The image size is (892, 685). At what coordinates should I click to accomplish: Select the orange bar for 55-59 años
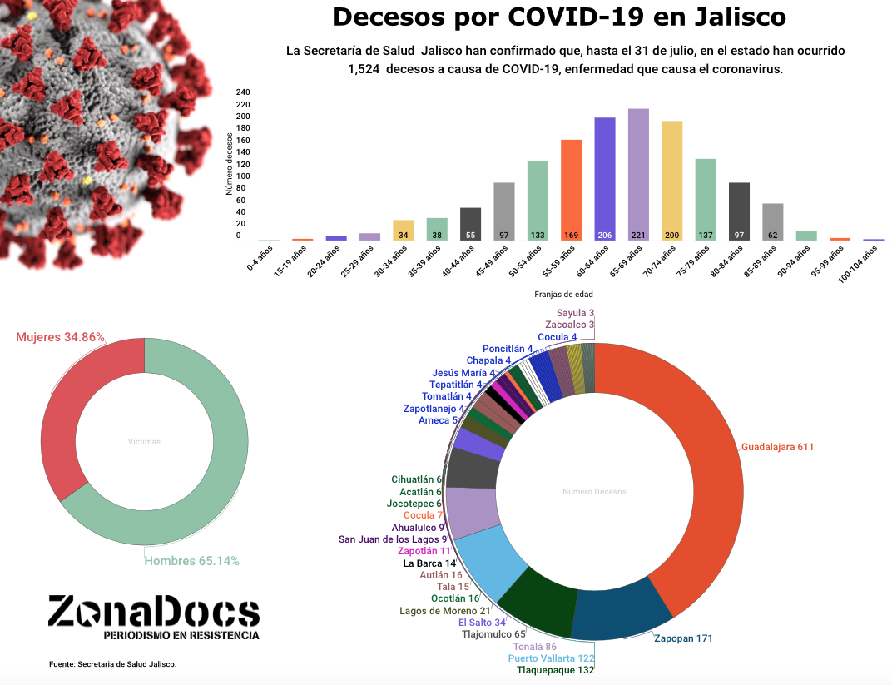click(x=571, y=187)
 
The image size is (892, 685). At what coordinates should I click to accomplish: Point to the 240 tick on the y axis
click(x=243, y=92)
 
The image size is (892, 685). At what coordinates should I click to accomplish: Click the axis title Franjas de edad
click(x=563, y=294)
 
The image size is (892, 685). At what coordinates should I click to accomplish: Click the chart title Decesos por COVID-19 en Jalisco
click(x=559, y=17)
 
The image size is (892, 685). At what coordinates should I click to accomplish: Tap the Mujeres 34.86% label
click(x=61, y=337)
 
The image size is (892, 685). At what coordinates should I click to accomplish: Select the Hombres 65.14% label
click(x=191, y=561)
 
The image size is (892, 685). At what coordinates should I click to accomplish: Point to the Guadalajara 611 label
click(x=777, y=447)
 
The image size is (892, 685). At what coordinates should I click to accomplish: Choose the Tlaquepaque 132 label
click(x=555, y=670)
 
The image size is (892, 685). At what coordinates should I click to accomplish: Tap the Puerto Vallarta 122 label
click(x=552, y=658)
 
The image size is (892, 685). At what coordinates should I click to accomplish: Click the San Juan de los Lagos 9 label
click(x=393, y=539)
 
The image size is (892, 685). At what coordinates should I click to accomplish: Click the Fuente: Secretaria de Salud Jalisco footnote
click(x=113, y=664)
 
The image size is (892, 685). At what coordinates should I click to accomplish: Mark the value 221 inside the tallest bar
click(x=638, y=236)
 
